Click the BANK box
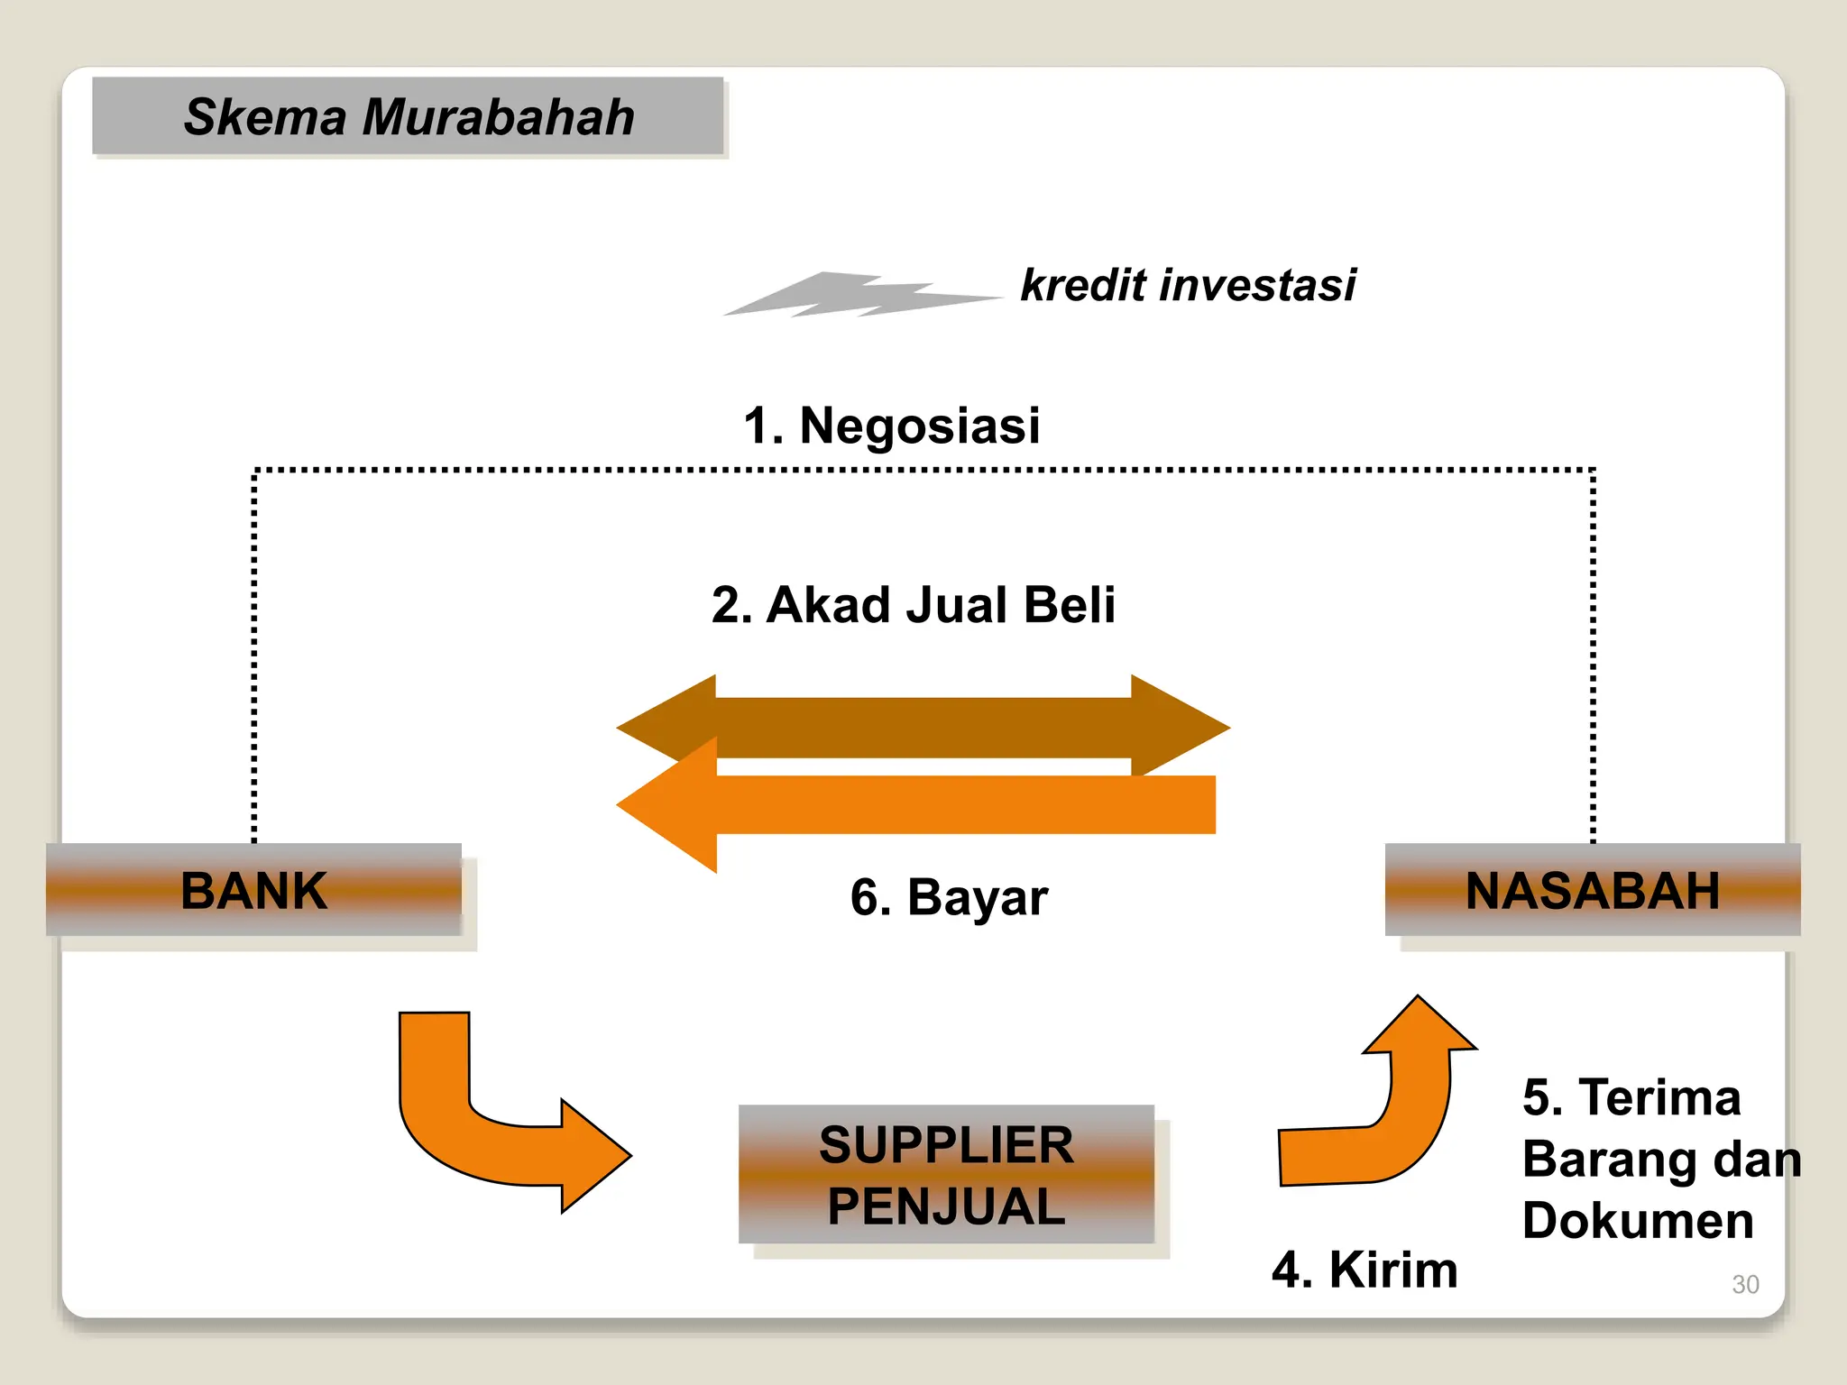tap(253, 890)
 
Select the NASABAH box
tap(1592, 890)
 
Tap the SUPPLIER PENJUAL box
tap(946, 1174)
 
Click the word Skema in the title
tap(265, 117)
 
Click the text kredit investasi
tap(1187, 286)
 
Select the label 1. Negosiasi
tap(891, 426)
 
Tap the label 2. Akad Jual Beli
tap(913, 604)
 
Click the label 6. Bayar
tap(949, 897)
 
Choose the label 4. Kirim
tap(1364, 1270)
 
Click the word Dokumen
tap(1637, 1221)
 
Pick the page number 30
tap(1744, 1284)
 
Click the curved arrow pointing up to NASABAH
tap(1389, 1118)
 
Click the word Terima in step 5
tap(1659, 1098)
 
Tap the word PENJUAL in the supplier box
tap(946, 1206)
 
